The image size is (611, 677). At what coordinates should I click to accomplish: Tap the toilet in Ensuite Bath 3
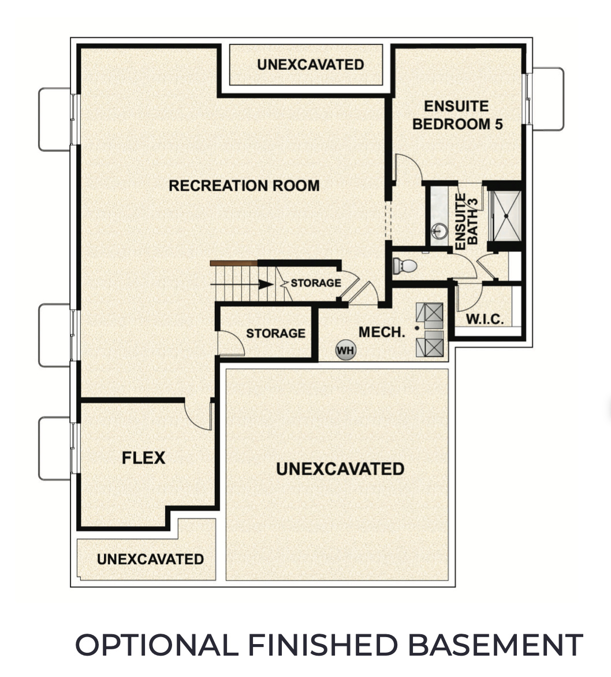pos(405,266)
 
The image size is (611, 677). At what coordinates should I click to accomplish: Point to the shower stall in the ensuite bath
pos(505,215)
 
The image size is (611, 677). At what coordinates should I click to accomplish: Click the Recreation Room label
pos(244,185)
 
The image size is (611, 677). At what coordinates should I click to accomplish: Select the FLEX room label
pos(143,458)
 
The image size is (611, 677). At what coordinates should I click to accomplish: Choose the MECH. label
pos(381,332)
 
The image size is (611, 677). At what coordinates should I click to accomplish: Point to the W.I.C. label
pos(485,319)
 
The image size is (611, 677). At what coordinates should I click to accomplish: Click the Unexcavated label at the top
pos(310,64)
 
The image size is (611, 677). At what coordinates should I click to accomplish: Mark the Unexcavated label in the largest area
pos(340,468)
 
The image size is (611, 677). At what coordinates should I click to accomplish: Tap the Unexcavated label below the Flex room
pos(150,559)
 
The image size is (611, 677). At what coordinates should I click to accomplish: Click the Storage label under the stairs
pos(315,283)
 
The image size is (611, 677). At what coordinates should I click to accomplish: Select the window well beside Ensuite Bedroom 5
pos(547,99)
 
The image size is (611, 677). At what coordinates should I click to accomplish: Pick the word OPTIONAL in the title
pos(156,645)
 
